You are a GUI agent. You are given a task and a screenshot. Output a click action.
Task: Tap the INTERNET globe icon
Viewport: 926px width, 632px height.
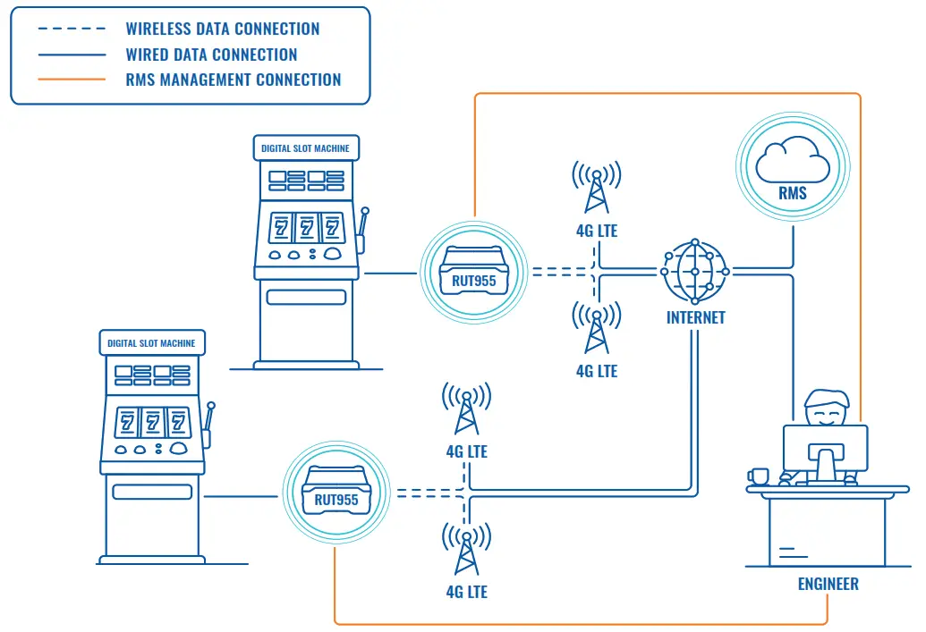pos(695,270)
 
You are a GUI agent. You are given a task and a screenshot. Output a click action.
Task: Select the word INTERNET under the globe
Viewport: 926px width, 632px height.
pos(695,317)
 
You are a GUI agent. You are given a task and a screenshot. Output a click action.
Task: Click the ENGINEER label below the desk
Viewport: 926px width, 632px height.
pos(828,584)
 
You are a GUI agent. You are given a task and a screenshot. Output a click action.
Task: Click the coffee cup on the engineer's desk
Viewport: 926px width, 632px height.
pos(759,476)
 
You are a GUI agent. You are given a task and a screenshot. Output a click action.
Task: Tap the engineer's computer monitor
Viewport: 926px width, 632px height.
pos(825,447)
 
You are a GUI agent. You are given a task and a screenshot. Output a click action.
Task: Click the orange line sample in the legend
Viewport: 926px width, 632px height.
pos(72,80)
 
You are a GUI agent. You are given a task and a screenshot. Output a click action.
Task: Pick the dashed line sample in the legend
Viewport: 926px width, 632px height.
pos(72,29)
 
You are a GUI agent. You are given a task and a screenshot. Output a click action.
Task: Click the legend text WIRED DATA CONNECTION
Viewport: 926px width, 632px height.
pos(211,55)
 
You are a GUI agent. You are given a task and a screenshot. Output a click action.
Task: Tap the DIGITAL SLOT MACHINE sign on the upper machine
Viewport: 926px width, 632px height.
pos(305,147)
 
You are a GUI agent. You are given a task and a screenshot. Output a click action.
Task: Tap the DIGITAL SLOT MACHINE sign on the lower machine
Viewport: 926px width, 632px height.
pos(151,342)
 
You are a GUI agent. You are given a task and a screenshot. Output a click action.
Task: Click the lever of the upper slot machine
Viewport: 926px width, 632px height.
pos(363,232)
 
